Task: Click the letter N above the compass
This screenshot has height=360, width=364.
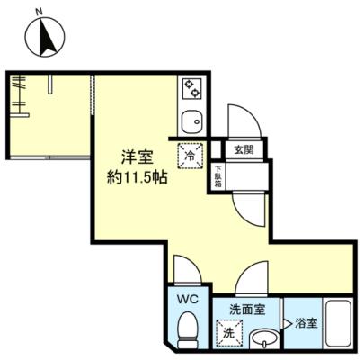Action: pos(39,12)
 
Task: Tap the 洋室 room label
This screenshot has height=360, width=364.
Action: pos(138,157)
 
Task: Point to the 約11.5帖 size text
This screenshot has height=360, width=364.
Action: pos(138,178)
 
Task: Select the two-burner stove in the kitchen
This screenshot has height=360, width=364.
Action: pos(191,88)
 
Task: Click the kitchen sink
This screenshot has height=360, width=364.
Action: pos(192,122)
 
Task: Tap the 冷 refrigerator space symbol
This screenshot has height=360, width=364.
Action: pos(191,156)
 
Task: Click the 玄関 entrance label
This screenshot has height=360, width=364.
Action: pos(244,149)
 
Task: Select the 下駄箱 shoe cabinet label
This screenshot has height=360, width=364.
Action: pos(218,176)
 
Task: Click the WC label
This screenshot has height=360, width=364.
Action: pos(188,299)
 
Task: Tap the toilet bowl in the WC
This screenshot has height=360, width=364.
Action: pos(188,328)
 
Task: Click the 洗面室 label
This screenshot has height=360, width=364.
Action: pos(247,310)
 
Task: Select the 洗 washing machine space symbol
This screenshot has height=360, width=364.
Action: pos(229,333)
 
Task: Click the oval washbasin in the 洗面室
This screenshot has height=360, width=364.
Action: pos(264,339)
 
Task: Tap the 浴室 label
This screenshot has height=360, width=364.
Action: pos(306,323)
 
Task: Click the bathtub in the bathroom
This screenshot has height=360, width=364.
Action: pos(339,324)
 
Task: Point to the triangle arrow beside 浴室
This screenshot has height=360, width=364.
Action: pos(287,323)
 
